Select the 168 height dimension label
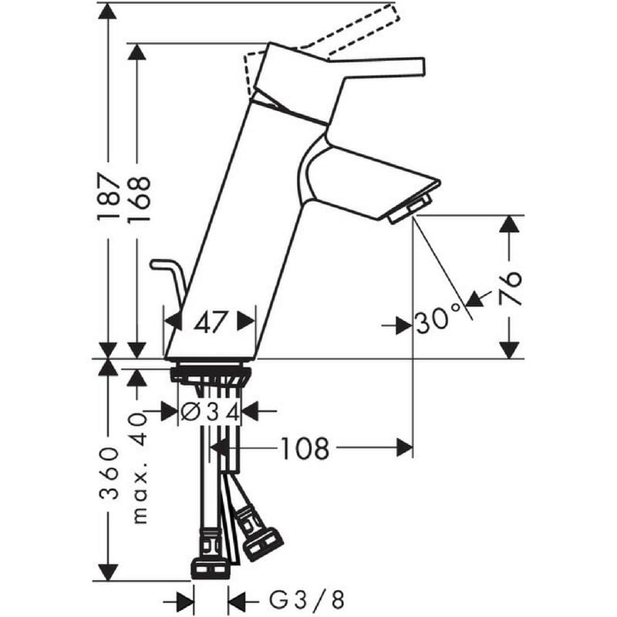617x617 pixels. [x=140, y=199]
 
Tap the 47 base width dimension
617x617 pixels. [x=211, y=322]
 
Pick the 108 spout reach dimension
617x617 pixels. [x=305, y=449]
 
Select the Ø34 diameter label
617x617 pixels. [x=211, y=413]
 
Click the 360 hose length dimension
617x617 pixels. [x=109, y=473]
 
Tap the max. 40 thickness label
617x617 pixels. [x=140, y=467]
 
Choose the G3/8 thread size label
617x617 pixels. [x=306, y=601]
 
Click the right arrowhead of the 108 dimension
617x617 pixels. [x=405, y=447]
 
